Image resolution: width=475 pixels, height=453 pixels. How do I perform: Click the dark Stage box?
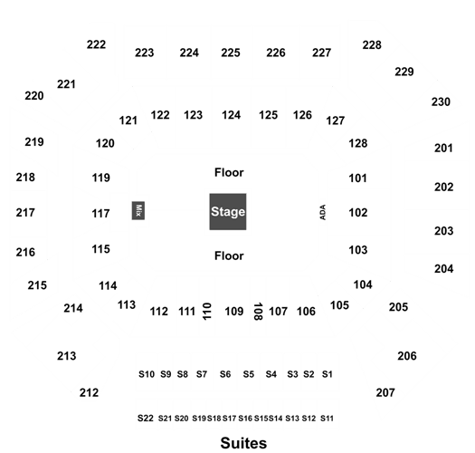pyautogui.click(x=228, y=211)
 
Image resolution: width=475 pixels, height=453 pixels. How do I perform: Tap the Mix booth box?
pyautogui.click(x=138, y=210)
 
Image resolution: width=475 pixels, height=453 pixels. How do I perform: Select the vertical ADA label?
pyautogui.click(x=323, y=212)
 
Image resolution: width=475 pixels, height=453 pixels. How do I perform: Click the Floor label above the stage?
pyautogui.click(x=229, y=172)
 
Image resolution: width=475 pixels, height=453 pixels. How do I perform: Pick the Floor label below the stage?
pyautogui.click(x=229, y=255)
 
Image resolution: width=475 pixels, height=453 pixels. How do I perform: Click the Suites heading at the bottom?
pyautogui.click(x=243, y=443)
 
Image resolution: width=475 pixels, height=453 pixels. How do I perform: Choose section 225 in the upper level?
pyautogui.click(x=231, y=53)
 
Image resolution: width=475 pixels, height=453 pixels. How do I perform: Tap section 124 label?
pyautogui.click(x=231, y=115)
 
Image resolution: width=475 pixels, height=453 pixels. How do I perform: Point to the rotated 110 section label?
pyautogui.click(x=206, y=311)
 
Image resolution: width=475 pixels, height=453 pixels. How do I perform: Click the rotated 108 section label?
pyautogui.click(x=258, y=312)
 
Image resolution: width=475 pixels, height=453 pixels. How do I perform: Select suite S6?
pyautogui.click(x=225, y=374)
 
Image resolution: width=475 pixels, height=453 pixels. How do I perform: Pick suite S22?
pyautogui.click(x=146, y=418)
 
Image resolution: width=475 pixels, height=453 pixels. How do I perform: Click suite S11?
pyautogui.click(x=327, y=419)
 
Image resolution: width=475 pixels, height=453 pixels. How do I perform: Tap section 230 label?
pyautogui.click(x=441, y=102)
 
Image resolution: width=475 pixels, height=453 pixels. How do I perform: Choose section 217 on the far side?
pyautogui.click(x=25, y=212)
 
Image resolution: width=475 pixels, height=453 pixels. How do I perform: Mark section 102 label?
pyautogui.click(x=358, y=212)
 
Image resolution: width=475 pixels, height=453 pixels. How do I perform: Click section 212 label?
pyautogui.click(x=89, y=392)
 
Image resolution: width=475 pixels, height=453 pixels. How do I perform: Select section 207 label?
pyautogui.click(x=385, y=392)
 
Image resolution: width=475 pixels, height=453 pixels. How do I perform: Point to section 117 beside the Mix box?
pyautogui.click(x=100, y=213)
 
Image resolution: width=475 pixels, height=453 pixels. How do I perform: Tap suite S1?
pyautogui.click(x=328, y=374)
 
